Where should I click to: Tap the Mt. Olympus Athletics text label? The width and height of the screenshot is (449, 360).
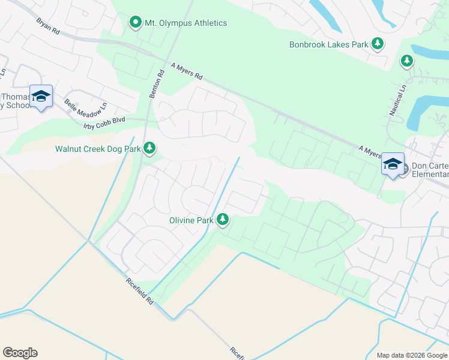pos(186,23)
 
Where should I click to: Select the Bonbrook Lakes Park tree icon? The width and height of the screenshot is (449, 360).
pos(378,44)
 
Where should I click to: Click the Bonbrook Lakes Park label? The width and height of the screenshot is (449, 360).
pos(328,44)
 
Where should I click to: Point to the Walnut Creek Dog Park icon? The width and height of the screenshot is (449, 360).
pos(149,148)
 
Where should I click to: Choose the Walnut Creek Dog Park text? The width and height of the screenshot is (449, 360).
pos(98,148)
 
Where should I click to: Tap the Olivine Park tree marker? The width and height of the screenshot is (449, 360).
pos(223,220)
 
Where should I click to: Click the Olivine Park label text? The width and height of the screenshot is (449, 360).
pos(191,220)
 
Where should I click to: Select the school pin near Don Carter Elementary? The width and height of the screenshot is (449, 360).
pos(392,164)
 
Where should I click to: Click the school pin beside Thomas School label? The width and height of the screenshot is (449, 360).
pos(41,97)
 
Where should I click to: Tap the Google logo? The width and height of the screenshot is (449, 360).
pos(20,353)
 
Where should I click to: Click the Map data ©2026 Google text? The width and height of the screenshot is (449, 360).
pos(412,355)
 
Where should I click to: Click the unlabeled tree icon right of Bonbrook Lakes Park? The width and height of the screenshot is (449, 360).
pos(407,61)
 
